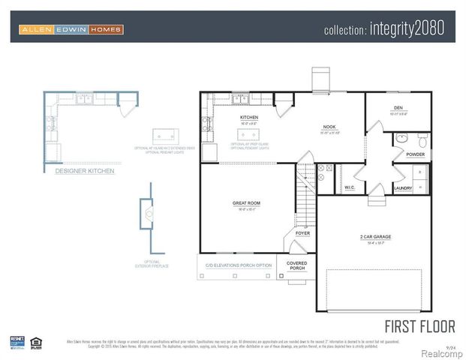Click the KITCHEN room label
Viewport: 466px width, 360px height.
tap(249, 118)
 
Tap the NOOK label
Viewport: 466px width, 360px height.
tap(329, 127)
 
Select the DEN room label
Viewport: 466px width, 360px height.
tap(398, 108)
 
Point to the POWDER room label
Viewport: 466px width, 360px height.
tap(415, 154)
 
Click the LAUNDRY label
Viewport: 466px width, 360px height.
tap(402, 187)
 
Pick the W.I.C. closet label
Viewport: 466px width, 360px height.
tap(349, 187)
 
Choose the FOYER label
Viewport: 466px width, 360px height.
tap(302, 233)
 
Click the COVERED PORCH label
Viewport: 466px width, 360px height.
tap(297, 265)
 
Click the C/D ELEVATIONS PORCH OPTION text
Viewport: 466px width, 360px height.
tap(239, 265)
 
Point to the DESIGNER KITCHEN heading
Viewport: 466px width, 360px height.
tap(85, 171)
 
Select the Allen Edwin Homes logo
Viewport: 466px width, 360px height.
tap(71, 29)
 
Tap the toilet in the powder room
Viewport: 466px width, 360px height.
tap(422, 139)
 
